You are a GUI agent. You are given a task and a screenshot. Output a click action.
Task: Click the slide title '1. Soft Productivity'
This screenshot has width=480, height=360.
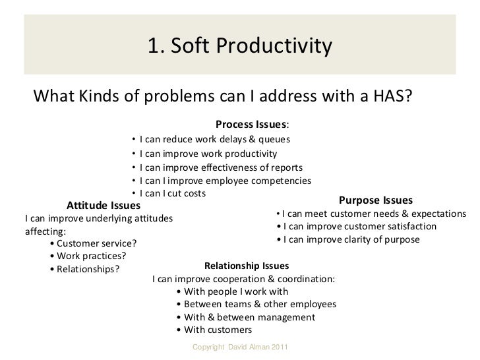tap(240, 45)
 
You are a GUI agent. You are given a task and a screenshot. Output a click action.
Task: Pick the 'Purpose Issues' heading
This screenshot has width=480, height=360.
tap(375, 200)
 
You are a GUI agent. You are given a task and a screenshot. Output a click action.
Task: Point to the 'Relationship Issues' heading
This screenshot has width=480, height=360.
tap(247, 266)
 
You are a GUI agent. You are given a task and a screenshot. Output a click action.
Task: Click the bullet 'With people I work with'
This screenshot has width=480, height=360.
tap(233, 291)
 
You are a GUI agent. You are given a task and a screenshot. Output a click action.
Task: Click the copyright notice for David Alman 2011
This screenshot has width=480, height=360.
tap(239, 347)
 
